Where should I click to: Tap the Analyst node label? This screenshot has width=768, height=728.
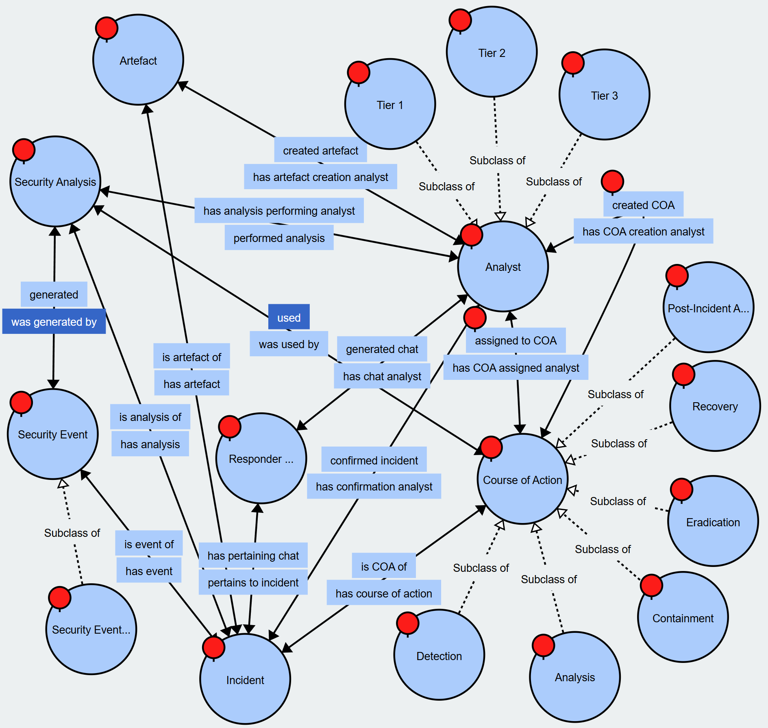pos(503,267)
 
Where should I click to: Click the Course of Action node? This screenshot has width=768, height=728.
pos(522,480)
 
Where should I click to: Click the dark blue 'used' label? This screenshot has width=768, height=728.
pos(289,317)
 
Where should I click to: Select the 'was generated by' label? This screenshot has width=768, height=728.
pos(54,322)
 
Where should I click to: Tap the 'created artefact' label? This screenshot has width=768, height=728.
pos(320,150)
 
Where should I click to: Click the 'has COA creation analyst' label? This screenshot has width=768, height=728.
pos(643,231)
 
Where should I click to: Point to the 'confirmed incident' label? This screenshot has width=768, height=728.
pos(374,460)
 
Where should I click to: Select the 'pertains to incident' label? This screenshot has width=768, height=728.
pos(253,582)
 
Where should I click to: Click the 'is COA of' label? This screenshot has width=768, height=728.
pos(383,566)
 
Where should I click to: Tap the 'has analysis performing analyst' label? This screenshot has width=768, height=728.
pos(279,211)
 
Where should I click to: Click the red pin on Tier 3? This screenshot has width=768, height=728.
pos(573,63)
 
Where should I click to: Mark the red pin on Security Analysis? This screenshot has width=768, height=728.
pos(24,149)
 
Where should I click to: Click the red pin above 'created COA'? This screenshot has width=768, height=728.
pos(612,181)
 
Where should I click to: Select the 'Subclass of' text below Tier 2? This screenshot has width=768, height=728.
pos(497,160)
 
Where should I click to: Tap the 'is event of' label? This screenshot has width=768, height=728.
pos(149,544)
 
